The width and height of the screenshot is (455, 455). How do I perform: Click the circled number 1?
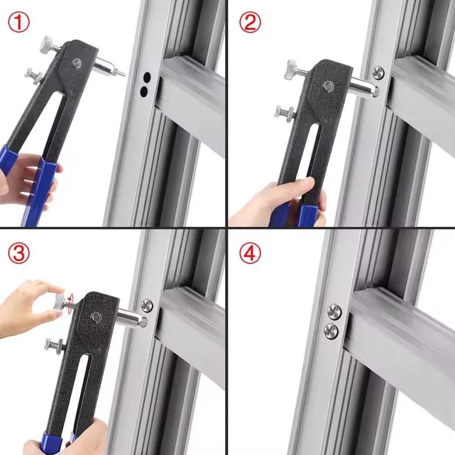(19, 22)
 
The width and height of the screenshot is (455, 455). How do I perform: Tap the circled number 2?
(250, 22)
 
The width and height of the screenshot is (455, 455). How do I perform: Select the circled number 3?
(19, 253)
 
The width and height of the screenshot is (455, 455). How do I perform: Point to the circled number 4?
(250, 253)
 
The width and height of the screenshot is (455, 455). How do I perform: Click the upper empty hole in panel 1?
(147, 78)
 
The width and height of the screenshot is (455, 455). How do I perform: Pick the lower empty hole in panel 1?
(144, 92)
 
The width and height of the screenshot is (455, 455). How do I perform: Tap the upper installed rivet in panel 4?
(334, 312)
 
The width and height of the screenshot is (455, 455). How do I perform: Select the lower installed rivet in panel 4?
(331, 331)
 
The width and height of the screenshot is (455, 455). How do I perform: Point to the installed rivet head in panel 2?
(378, 73)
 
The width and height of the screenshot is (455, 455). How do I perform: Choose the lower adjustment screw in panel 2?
(283, 112)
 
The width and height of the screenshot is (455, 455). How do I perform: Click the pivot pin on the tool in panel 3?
(95, 317)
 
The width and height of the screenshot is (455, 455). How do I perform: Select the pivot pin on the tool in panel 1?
(77, 63)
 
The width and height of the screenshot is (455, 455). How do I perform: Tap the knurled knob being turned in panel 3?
(60, 302)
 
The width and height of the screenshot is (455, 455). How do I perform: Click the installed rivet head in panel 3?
(147, 306)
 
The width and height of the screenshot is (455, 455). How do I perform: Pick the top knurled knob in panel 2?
(290, 69)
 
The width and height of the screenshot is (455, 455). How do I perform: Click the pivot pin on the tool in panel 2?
(328, 86)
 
